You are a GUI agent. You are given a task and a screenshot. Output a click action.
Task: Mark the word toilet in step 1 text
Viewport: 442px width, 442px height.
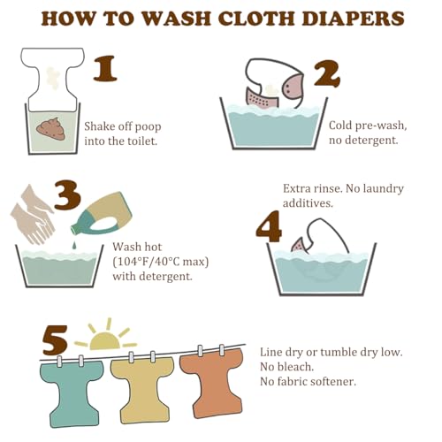pyautogui.click(x=141, y=141)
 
